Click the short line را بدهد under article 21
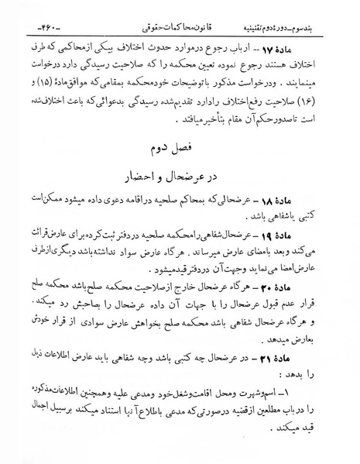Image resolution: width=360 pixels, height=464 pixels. pyautogui.click(x=321, y=357)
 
